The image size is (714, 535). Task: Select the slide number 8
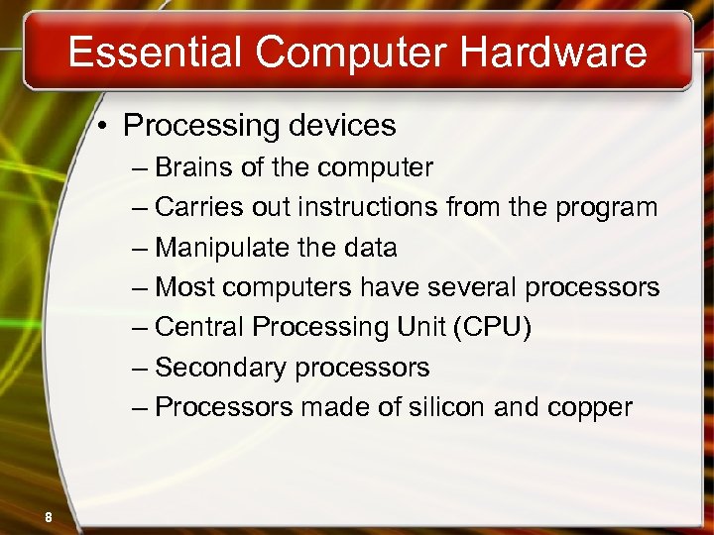[x=47, y=516]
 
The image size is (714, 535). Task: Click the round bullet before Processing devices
[x=104, y=127]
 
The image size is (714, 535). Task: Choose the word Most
[x=185, y=288]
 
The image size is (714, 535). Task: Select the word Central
[x=200, y=328]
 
